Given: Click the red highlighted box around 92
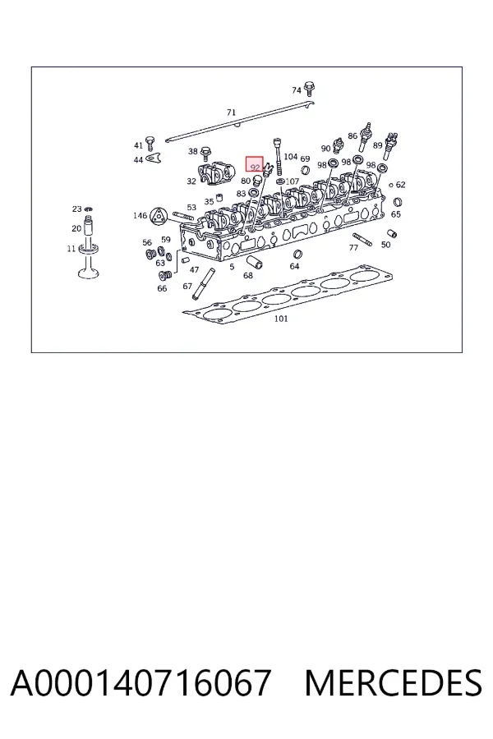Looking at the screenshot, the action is pos(254,164).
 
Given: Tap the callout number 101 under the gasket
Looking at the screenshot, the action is pos(281,319).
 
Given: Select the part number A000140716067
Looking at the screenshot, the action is pos(141,682).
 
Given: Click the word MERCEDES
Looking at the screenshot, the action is pos(393,682).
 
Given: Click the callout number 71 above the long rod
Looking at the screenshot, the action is pos(231,112).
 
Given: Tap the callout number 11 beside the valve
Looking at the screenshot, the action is pos(71,248).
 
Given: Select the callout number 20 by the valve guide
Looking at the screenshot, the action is pos(76,228).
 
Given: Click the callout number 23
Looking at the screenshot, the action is pos(76,209).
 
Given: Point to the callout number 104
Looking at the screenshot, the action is pos(291,157).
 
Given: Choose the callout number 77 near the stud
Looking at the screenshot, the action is pos(353,247).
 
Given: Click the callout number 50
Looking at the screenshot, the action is pos(385,245).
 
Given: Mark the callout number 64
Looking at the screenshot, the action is pos(294,266).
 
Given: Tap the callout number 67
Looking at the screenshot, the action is pos(187,286).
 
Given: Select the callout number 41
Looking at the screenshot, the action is pos(138,145).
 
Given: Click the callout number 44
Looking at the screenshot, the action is pos(138,160).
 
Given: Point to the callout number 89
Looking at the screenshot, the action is pos(377,145).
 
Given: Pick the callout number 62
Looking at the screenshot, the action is pos(400,185).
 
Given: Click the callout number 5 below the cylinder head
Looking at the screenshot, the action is pos(232,267).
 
